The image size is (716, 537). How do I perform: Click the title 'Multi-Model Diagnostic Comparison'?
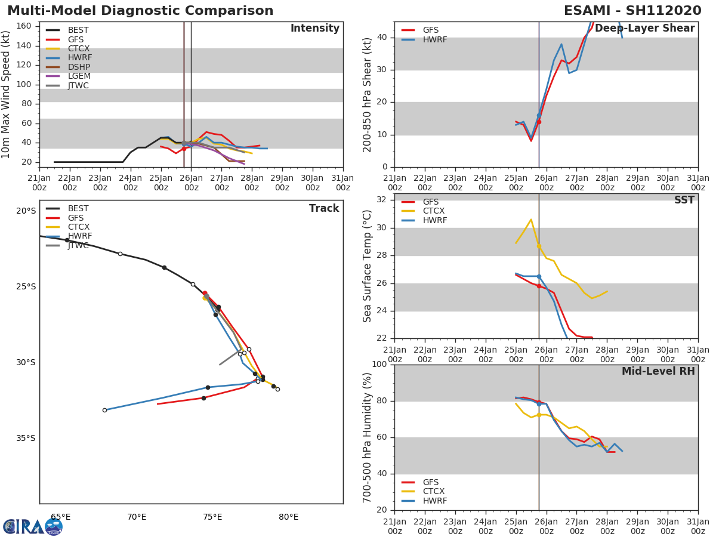tap(140, 11)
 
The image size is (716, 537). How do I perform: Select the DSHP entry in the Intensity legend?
tap(79, 67)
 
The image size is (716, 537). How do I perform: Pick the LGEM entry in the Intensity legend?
tap(79, 76)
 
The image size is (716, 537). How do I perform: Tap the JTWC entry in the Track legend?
tap(78, 245)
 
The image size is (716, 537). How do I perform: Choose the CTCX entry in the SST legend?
tap(433, 211)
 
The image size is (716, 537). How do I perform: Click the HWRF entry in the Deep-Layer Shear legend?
tap(434, 39)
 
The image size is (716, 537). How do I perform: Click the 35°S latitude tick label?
tap(26, 438)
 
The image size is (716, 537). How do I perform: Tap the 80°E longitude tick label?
tap(288, 517)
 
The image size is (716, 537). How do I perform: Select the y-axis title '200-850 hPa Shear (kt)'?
tap(368, 94)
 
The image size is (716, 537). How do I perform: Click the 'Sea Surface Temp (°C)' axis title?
tap(368, 266)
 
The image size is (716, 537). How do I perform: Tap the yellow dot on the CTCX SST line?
tap(539, 245)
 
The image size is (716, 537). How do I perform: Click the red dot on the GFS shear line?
tap(539, 122)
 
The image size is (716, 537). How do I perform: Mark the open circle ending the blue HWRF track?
tap(104, 410)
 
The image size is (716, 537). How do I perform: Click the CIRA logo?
tap(32, 527)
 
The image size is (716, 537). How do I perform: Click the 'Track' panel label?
tap(323, 208)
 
